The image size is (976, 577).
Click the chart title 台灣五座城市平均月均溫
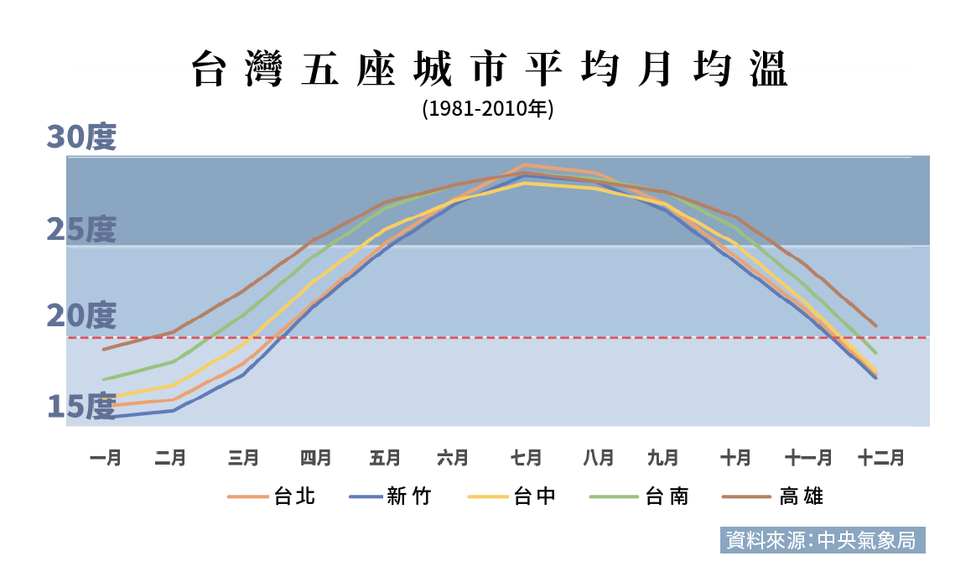click(x=490, y=70)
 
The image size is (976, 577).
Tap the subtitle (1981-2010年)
click(x=488, y=109)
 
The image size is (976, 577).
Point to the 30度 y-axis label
click(x=80, y=138)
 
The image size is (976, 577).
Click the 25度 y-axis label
click(x=80, y=229)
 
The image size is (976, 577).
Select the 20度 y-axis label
click(x=80, y=316)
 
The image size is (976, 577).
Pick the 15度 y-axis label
click(x=80, y=407)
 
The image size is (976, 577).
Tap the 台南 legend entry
click(x=640, y=496)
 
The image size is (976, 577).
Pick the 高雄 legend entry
click(x=772, y=496)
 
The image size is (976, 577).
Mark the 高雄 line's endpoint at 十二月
click(x=876, y=325)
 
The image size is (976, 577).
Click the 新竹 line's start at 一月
click(x=103, y=417)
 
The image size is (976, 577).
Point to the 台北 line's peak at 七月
click(x=525, y=165)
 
